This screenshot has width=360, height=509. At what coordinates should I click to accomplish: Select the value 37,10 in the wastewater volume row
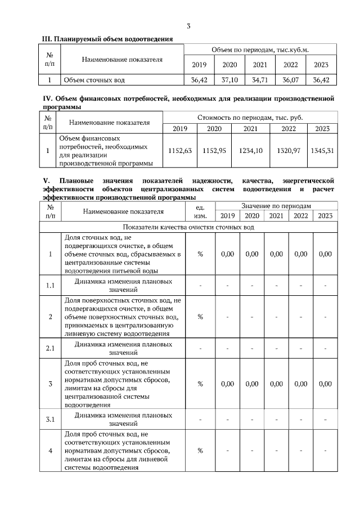coord(229,80)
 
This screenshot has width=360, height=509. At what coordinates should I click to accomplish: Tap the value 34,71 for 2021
coord(260,80)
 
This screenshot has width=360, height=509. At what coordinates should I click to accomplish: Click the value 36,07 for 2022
coord(290,80)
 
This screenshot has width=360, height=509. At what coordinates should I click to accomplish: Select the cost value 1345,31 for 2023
coord(322,151)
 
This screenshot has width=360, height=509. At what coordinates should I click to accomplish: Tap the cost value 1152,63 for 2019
coord(180,151)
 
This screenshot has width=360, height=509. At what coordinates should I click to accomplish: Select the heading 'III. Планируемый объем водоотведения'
coord(107,38)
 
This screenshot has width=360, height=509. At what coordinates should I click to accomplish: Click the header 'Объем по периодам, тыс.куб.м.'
coord(260,50)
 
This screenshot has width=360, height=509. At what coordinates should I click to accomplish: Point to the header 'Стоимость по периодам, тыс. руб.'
coord(249,118)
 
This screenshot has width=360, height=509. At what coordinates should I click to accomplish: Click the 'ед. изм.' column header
coord(200,211)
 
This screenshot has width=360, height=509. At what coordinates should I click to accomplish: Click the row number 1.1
coord(49,285)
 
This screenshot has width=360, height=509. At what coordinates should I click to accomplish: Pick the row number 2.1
coord(49,348)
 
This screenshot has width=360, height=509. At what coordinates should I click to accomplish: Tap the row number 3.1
coord(49,419)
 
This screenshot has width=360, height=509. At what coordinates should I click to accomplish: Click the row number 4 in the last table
coord(49,451)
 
